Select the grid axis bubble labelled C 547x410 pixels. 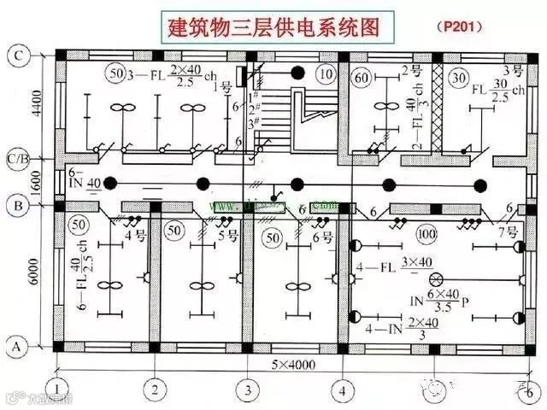[18, 56]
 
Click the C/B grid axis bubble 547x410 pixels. [18, 158]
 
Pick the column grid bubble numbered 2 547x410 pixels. [154, 390]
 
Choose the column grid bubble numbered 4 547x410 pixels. [343, 390]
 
